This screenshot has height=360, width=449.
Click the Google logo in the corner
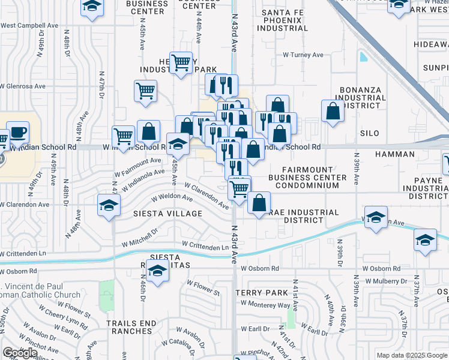tap(20, 353)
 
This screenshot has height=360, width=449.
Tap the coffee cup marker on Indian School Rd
tap(17, 133)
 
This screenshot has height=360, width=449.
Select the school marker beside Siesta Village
tap(108, 205)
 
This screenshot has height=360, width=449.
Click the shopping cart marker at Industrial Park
tap(180, 62)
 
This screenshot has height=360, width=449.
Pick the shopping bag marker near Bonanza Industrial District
tap(333, 111)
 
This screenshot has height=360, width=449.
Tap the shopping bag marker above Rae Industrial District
tap(259, 202)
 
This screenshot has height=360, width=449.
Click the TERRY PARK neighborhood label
tap(262, 292)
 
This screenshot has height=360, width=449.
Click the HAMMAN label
tap(397, 154)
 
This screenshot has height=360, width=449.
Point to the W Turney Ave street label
tap(303, 55)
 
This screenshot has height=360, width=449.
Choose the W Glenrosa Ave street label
tap(23, 86)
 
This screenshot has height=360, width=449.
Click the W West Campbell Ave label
tap(29, 26)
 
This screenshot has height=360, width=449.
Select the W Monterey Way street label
tap(265, 305)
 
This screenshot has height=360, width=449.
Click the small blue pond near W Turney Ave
tap(363, 57)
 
